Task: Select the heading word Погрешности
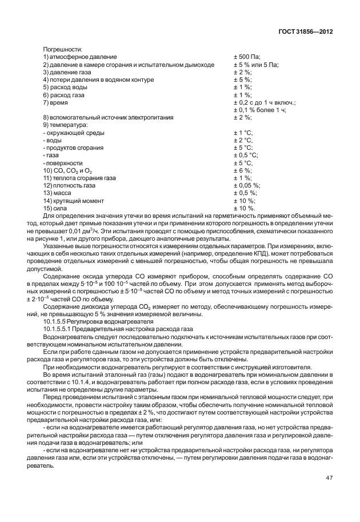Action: click(63, 50)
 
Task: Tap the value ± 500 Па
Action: click(247, 57)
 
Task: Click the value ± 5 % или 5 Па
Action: click(256, 65)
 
